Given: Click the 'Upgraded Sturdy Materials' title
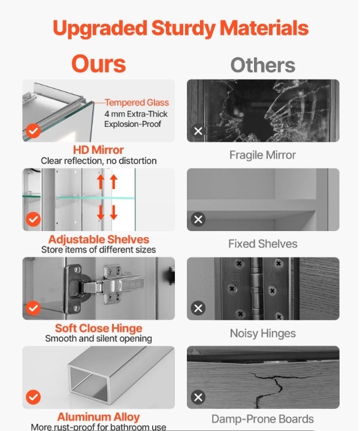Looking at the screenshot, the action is click(x=180, y=29).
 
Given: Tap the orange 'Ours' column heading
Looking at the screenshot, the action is click(x=98, y=64).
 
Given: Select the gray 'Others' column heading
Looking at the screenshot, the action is click(x=262, y=65).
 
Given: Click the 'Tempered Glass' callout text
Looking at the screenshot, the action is click(x=137, y=102).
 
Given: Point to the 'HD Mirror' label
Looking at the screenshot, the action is click(x=98, y=150).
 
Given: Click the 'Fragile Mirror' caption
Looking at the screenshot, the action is click(x=262, y=155).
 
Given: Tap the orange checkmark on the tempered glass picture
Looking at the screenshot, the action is click(x=34, y=131).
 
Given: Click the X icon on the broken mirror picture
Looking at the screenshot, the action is click(x=198, y=131).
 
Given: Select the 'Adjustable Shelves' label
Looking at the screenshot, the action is click(x=99, y=239).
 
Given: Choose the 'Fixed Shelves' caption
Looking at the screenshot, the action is click(x=262, y=244).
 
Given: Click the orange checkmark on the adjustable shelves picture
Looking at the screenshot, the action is click(x=34, y=219).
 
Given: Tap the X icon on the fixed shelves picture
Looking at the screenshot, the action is click(x=198, y=219).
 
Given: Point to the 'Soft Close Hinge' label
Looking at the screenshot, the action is click(x=98, y=328).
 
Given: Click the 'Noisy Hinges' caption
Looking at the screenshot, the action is click(x=262, y=333).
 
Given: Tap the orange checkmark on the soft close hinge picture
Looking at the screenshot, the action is click(x=34, y=308).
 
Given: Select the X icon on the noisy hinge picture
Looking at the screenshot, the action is click(x=198, y=308).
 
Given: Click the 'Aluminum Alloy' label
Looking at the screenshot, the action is click(x=98, y=417).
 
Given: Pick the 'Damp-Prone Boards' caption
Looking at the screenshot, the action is click(x=262, y=419).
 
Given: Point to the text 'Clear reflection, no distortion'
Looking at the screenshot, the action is click(x=99, y=161).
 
